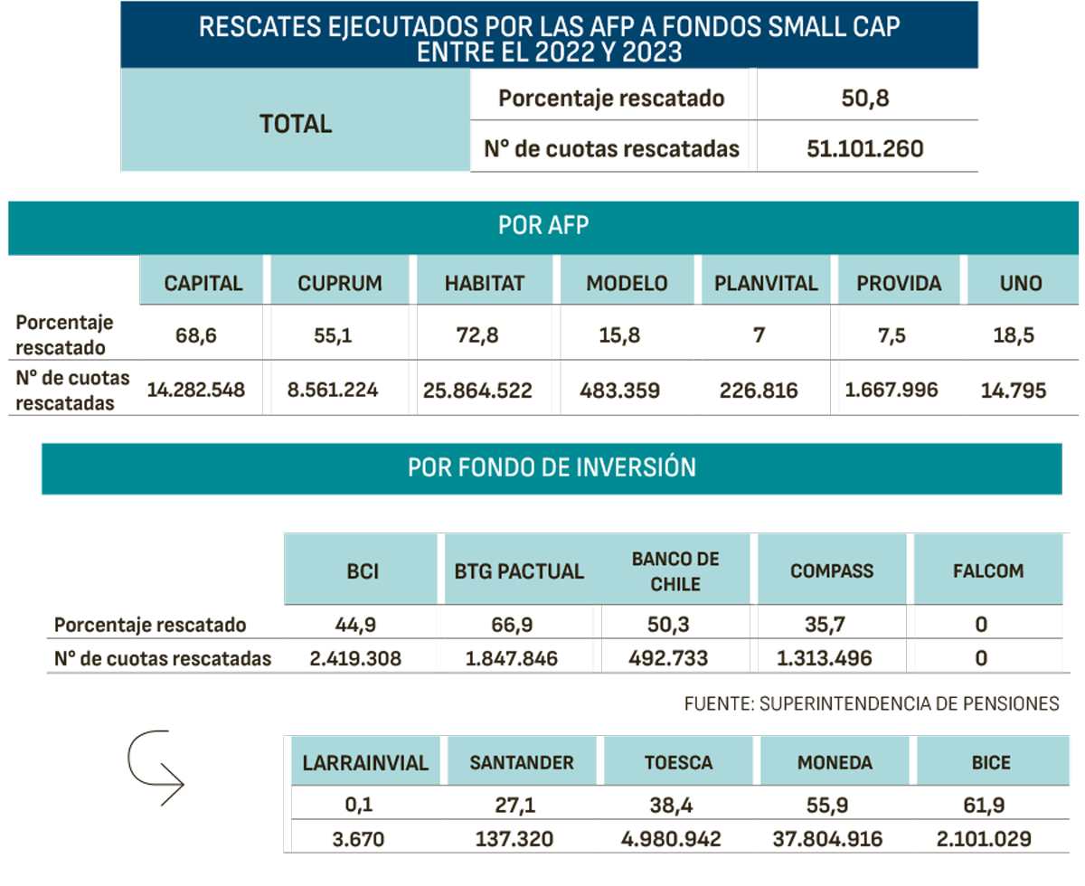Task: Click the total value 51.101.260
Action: coord(865,148)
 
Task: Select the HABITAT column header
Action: coord(484,283)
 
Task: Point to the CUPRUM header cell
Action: coord(340,283)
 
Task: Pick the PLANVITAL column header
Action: coord(766,283)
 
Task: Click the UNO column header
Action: coord(1022,283)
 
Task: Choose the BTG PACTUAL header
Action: coord(519,571)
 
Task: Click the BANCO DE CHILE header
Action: coord(675,571)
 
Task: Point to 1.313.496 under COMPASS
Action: coord(824,658)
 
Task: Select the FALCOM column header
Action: coord(988,571)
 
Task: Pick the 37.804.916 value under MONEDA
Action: coord(835,839)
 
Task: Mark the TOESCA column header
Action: coord(678,763)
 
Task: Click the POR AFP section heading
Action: coord(542,226)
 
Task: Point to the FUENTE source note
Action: coord(872,703)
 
